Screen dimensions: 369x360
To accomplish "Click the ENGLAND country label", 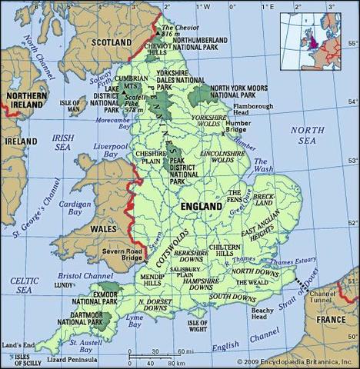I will click(x=202, y=207).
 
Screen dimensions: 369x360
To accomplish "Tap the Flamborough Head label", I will click(x=260, y=109).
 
